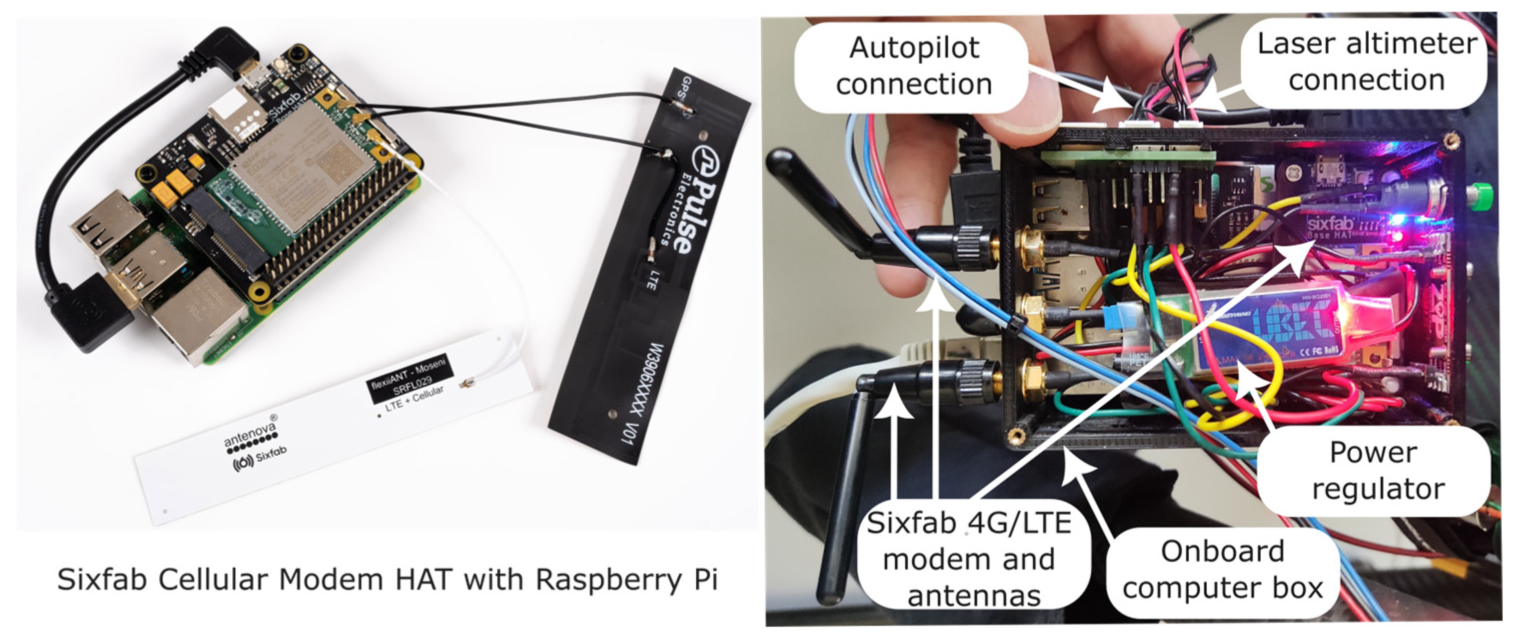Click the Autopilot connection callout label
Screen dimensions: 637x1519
tap(914, 66)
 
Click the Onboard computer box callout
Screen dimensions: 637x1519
tap(1222, 570)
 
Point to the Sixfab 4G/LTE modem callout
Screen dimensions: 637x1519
tap(969, 559)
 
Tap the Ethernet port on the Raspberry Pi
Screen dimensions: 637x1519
tap(197, 321)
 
